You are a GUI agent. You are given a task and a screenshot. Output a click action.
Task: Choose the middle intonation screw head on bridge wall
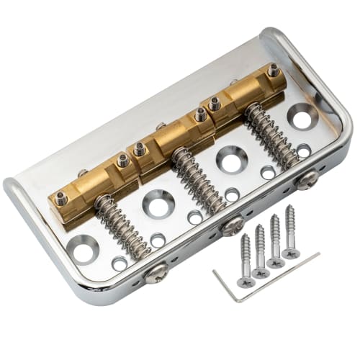tap(233, 226)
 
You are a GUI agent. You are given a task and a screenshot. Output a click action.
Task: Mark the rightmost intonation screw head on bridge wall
tap(307, 179)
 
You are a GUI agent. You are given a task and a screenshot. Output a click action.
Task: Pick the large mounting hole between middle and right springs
tap(231, 158)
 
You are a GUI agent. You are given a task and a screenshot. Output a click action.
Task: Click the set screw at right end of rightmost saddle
tap(274, 71)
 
